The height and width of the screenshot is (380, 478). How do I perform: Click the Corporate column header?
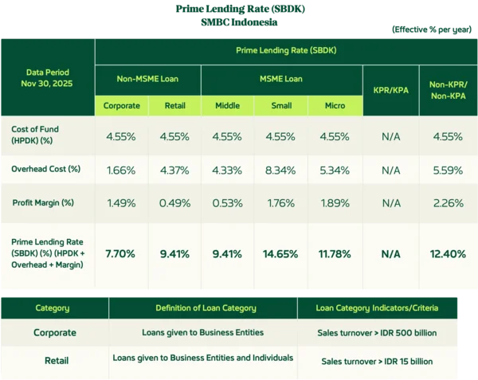121,105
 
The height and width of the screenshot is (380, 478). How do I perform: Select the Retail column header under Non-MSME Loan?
174,105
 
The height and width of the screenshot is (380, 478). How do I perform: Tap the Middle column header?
228,105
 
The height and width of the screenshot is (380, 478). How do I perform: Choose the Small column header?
280,105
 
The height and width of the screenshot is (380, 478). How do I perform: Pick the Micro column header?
335,105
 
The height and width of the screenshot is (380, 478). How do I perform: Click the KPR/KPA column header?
390,90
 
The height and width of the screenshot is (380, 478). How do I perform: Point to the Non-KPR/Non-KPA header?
448,89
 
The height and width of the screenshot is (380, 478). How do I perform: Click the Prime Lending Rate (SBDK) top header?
286,50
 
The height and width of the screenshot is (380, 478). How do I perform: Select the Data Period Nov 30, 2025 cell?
47,76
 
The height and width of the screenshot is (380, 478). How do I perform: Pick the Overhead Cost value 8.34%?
280,170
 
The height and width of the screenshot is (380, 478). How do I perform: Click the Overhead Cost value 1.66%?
121,170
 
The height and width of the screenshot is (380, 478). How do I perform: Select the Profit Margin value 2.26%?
448,202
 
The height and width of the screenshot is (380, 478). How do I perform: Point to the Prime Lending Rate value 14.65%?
280,254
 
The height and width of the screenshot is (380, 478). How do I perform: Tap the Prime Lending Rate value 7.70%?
120,254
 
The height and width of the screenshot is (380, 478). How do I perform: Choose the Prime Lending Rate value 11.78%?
335,254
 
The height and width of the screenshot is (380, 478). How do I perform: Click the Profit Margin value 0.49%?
174,202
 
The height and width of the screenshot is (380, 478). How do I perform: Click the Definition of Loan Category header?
202,308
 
